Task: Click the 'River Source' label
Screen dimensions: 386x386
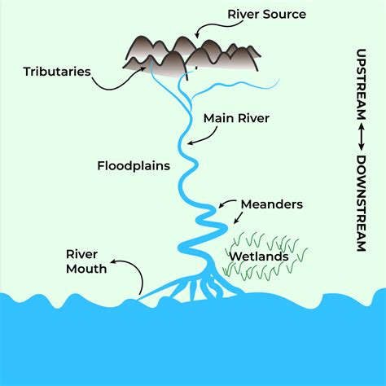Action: pyautogui.click(x=266, y=15)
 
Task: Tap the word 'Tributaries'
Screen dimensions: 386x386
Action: pyautogui.click(x=57, y=72)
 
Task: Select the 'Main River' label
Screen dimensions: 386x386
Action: pyautogui.click(x=236, y=118)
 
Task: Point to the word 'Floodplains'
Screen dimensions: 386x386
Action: pyautogui.click(x=134, y=166)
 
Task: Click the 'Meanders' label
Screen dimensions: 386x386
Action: pyautogui.click(x=272, y=204)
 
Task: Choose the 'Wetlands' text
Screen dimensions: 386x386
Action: pyautogui.click(x=259, y=257)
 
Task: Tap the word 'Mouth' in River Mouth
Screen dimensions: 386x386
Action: pyautogui.click(x=86, y=269)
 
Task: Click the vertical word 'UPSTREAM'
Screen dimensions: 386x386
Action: pyautogui.click(x=361, y=84)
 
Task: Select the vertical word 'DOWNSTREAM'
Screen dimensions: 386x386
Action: pyautogui.click(x=361, y=204)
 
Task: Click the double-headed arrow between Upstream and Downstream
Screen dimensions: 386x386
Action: pyautogui.click(x=361, y=138)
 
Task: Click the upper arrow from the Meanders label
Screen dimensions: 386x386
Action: pyautogui.click(x=227, y=203)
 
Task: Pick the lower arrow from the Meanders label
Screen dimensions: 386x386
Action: pyautogui.click(x=239, y=217)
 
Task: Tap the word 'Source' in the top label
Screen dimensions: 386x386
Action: pyautogui.click(x=284, y=15)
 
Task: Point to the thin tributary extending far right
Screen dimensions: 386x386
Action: pyautogui.click(x=234, y=87)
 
